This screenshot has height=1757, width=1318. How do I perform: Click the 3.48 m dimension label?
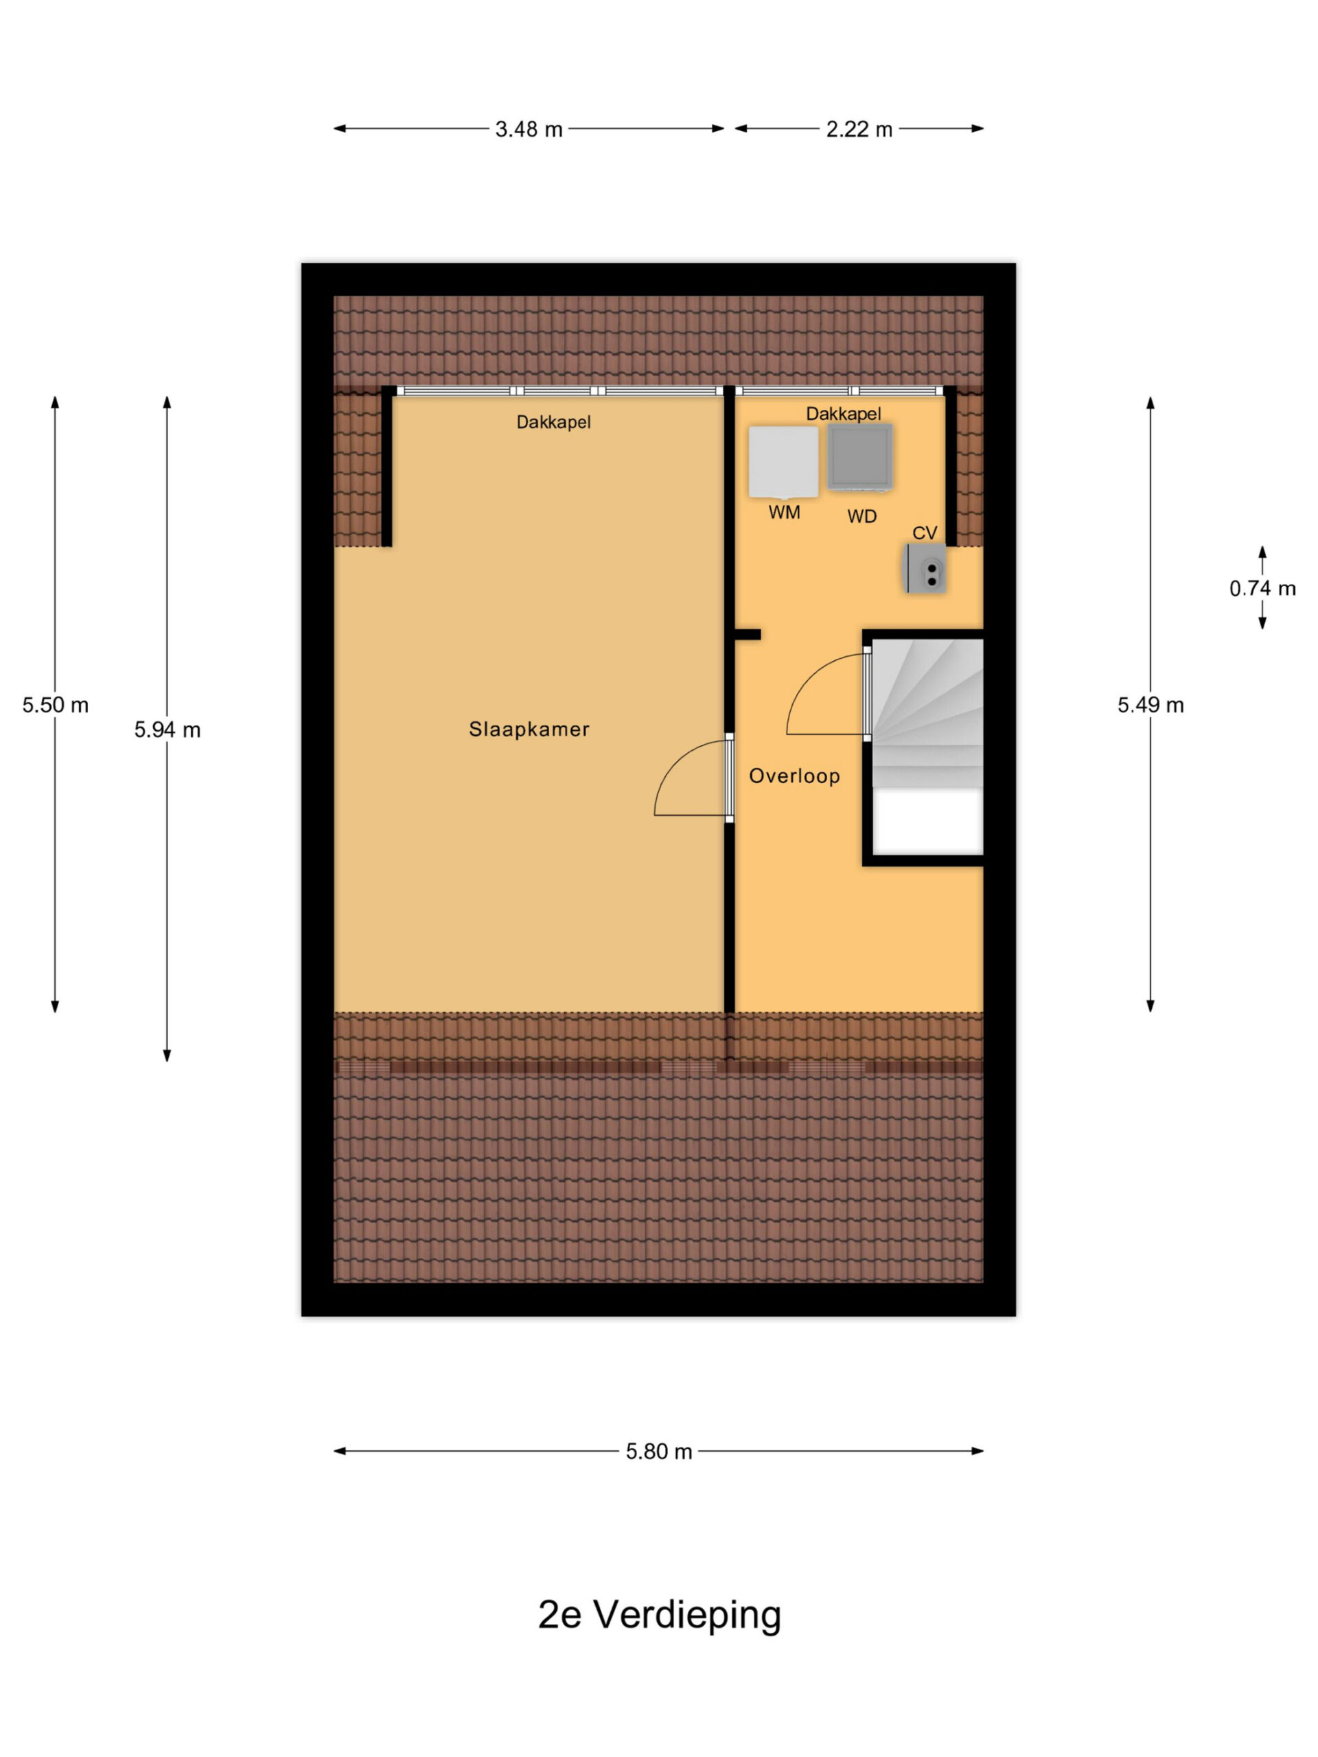(x=529, y=128)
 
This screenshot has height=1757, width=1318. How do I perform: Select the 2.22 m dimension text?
(x=859, y=128)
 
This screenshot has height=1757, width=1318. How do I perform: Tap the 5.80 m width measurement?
(x=658, y=1451)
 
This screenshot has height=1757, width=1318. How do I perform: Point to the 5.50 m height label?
(x=55, y=705)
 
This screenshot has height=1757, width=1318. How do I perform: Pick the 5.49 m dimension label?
(x=1151, y=705)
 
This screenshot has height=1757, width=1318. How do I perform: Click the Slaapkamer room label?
(x=529, y=729)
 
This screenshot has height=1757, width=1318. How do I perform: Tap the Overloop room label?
(x=794, y=776)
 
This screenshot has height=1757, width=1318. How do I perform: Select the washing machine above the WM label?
(x=783, y=463)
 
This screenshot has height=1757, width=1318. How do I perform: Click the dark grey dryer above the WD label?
(x=859, y=456)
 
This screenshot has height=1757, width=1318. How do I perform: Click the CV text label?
(x=925, y=533)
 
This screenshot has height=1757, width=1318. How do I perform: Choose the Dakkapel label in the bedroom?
(x=554, y=422)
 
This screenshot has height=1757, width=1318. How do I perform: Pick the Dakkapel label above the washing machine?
(x=844, y=413)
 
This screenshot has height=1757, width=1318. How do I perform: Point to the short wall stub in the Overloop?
(x=748, y=635)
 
